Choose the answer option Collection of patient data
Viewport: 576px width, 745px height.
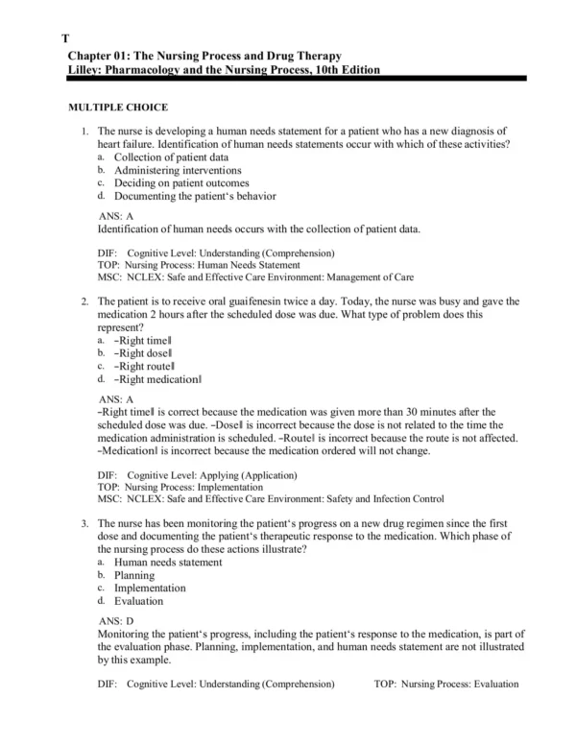pos(171,156)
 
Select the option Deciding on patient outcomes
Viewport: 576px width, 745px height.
pos(181,182)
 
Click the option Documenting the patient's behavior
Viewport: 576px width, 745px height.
pos(195,196)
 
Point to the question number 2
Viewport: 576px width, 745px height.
pos(84,300)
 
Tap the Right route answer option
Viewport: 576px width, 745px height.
pos(145,367)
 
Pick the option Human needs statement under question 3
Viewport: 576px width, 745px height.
pos(168,562)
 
